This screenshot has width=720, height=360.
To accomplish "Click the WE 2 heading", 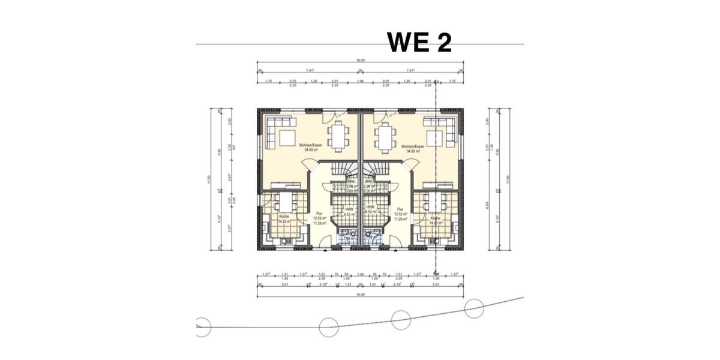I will pyautogui.click(x=419, y=42).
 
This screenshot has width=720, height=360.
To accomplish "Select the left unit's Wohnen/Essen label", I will pyautogui.click(x=311, y=148).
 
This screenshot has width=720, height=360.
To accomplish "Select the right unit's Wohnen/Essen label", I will pyautogui.click(x=413, y=148).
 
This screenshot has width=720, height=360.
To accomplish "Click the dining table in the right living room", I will pyautogui.click(x=384, y=136).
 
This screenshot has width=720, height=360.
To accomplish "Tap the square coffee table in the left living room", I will pyautogui.click(x=287, y=139).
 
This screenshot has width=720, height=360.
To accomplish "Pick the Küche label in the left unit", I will pyautogui.click(x=284, y=217).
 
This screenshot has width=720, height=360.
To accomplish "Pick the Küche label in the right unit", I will pyautogui.click(x=437, y=218).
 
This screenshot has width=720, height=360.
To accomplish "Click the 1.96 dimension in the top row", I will pyautogui.click(x=360, y=82).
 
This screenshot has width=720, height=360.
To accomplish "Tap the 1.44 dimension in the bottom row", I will pyautogui.click(x=360, y=275).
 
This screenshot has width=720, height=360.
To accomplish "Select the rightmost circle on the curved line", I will pyautogui.click(x=474, y=308).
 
